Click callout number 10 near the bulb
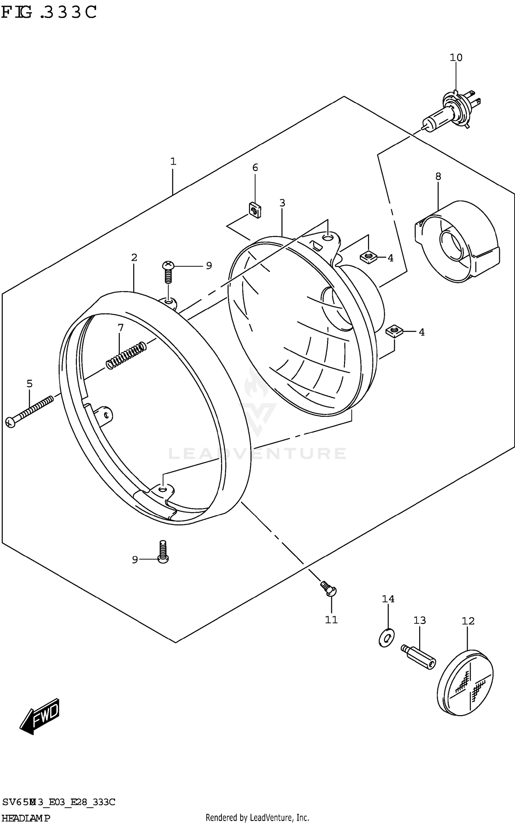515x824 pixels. pos(456,57)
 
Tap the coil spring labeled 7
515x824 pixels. pos(125,355)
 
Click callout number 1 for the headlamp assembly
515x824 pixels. pos(173,161)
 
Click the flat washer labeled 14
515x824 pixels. pos(387,638)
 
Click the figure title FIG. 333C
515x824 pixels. pos(49,12)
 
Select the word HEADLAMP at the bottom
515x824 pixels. pos(26,818)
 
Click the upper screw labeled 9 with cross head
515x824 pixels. pos(168,271)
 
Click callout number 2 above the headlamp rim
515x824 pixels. pos(134,257)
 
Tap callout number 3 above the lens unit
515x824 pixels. pos(282,203)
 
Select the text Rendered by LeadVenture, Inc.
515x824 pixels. pos(257,818)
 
